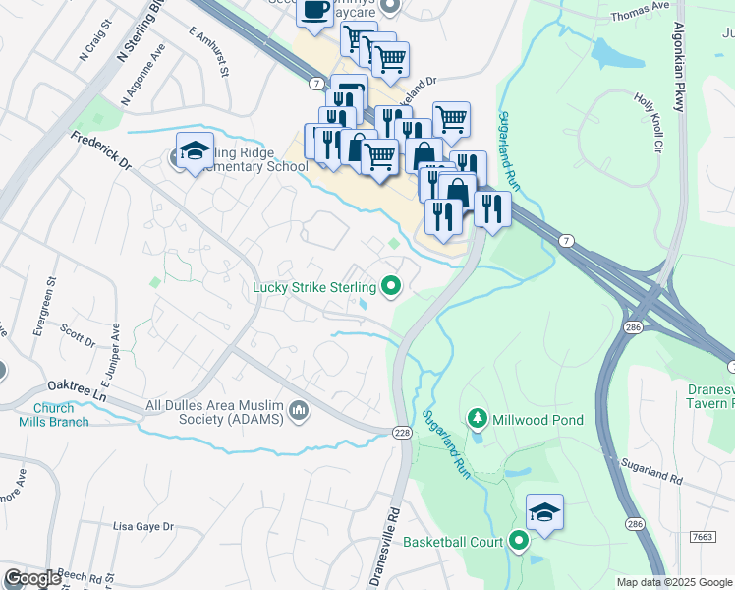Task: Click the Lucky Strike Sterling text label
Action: click(x=313, y=287)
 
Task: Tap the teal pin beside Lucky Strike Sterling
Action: click(x=391, y=287)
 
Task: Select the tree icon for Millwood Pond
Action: click(x=478, y=420)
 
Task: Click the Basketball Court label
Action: click(x=453, y=542)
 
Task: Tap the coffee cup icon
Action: click(x=314, y=10)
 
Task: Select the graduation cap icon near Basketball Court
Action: click(x=544, y=512)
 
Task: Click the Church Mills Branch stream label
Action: click(x=53, y=415)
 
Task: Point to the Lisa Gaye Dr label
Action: click(x=143, y=526)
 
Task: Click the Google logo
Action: click(x=33, y=578)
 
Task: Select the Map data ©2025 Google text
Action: click(x=674, y=582)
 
